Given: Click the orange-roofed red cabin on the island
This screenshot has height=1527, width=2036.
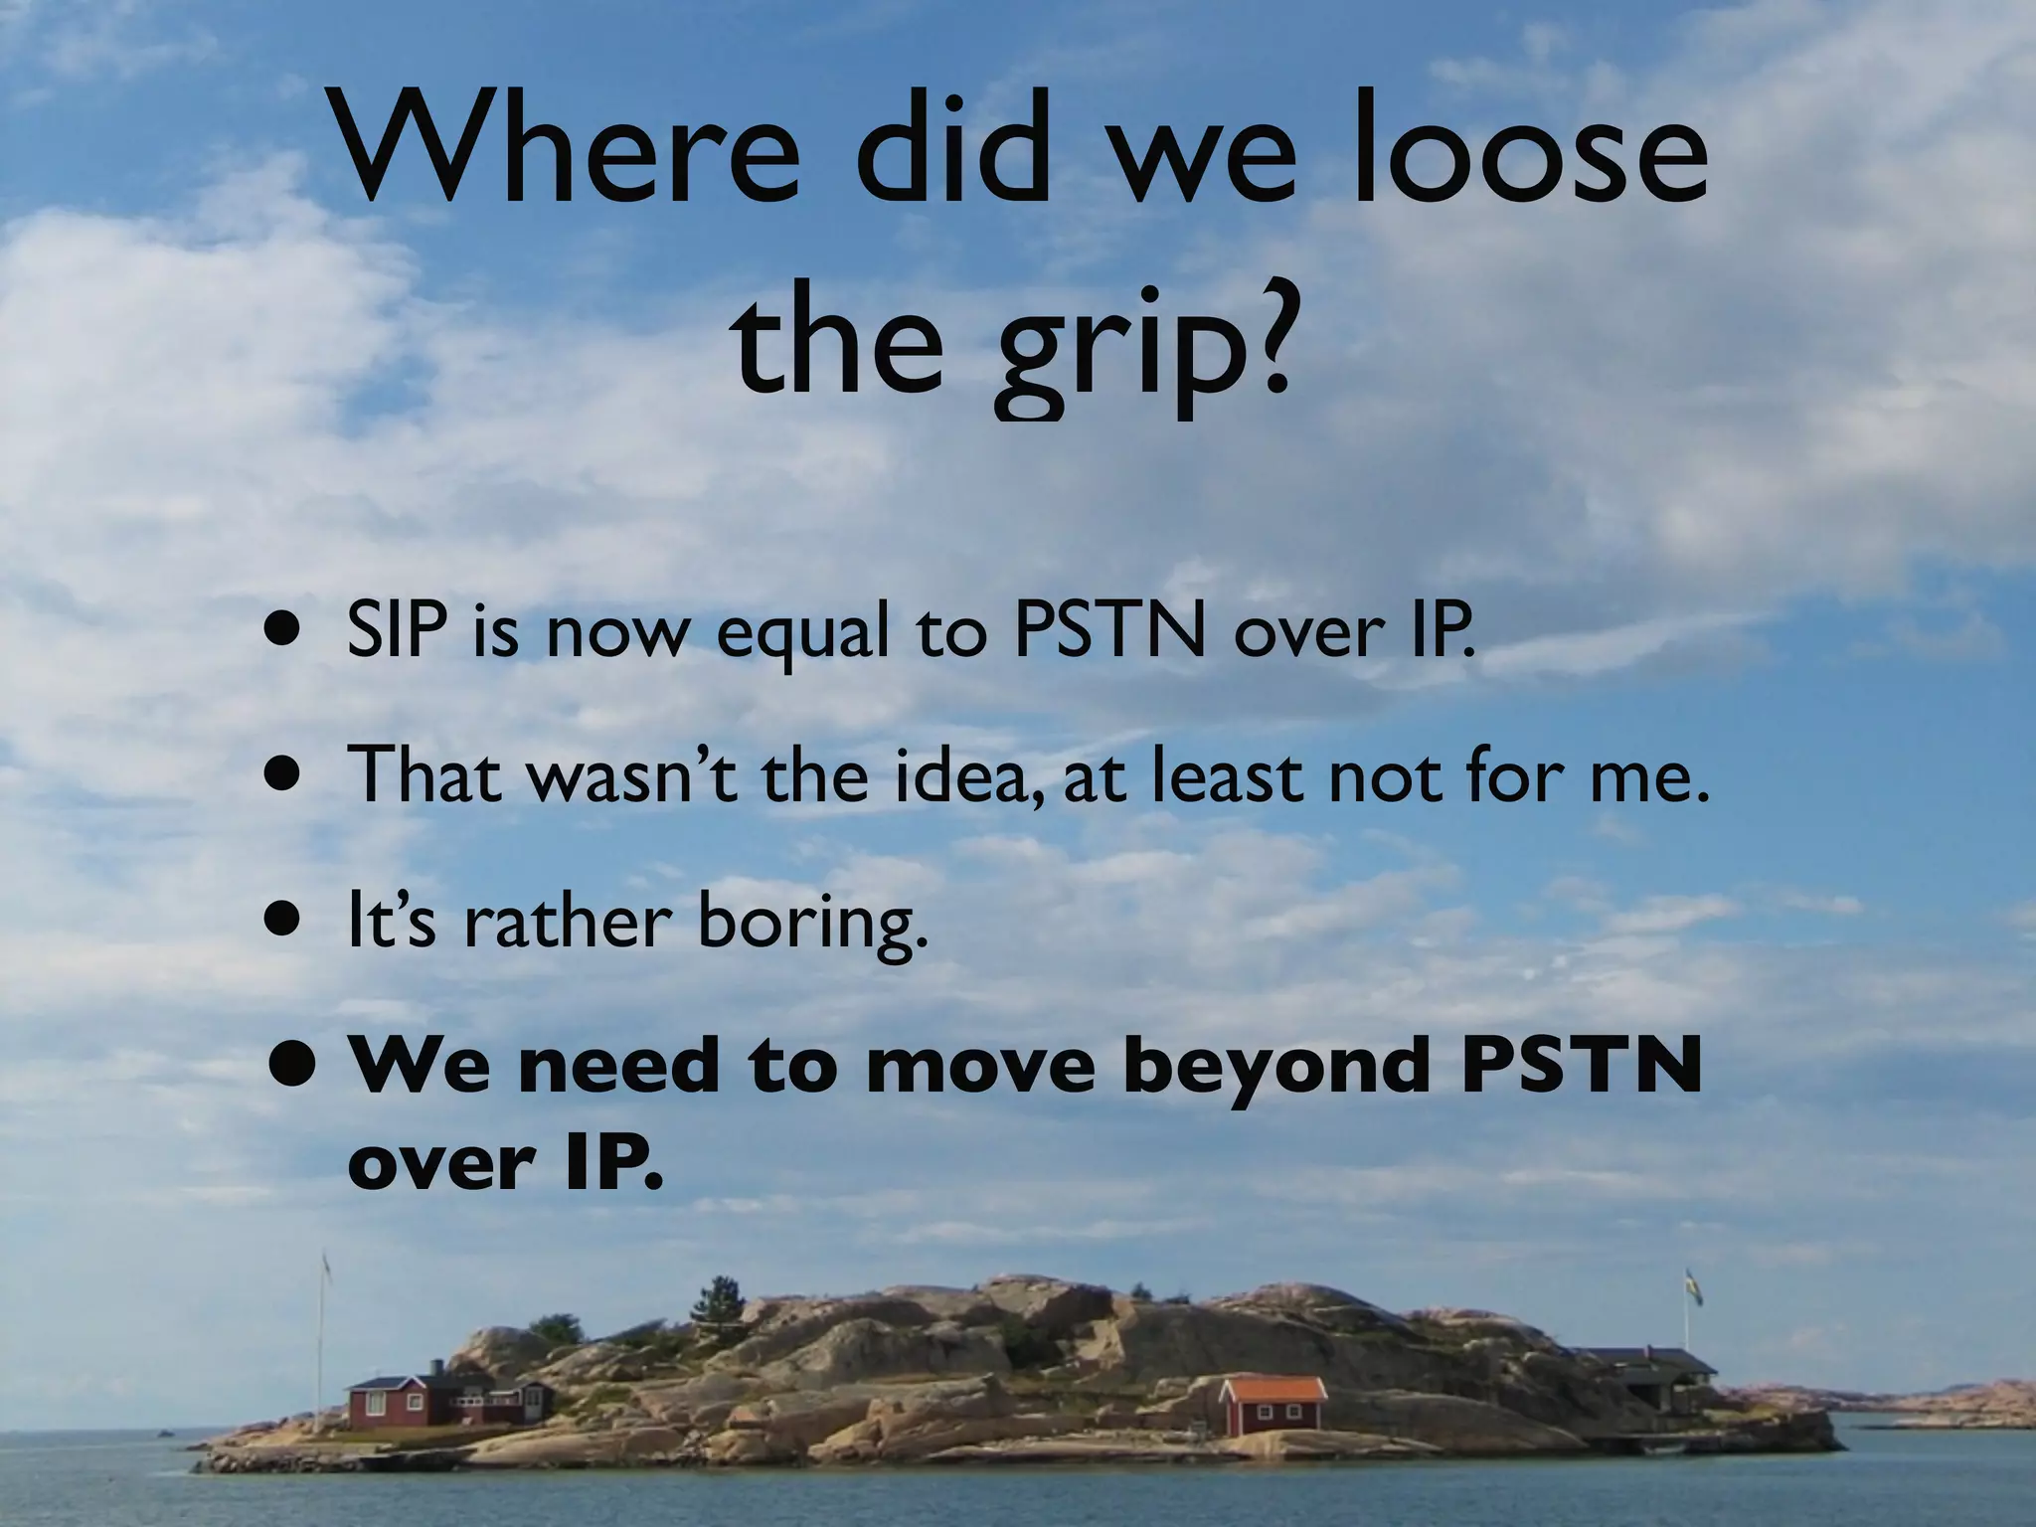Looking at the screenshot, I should (1273, 1404).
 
